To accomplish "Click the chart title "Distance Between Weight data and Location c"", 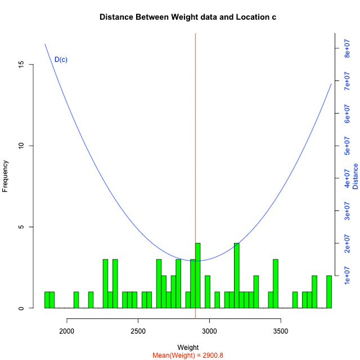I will point(187,17).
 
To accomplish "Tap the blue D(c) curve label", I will point(61,60).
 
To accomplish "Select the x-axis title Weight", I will point(187,347).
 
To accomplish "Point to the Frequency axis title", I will point(6,176).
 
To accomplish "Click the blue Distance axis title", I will point(355,176).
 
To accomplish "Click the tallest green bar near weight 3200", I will point(237,276).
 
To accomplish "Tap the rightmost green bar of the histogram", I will point(329,291).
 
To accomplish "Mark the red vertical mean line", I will point(195,141).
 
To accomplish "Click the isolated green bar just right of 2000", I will point(76,300).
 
